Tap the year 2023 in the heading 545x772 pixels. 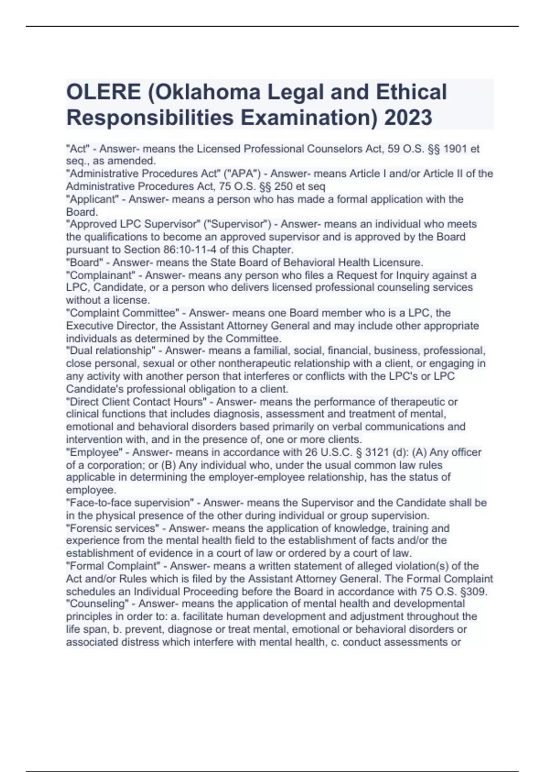(408, 118)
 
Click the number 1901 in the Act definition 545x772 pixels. (456, 149)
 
